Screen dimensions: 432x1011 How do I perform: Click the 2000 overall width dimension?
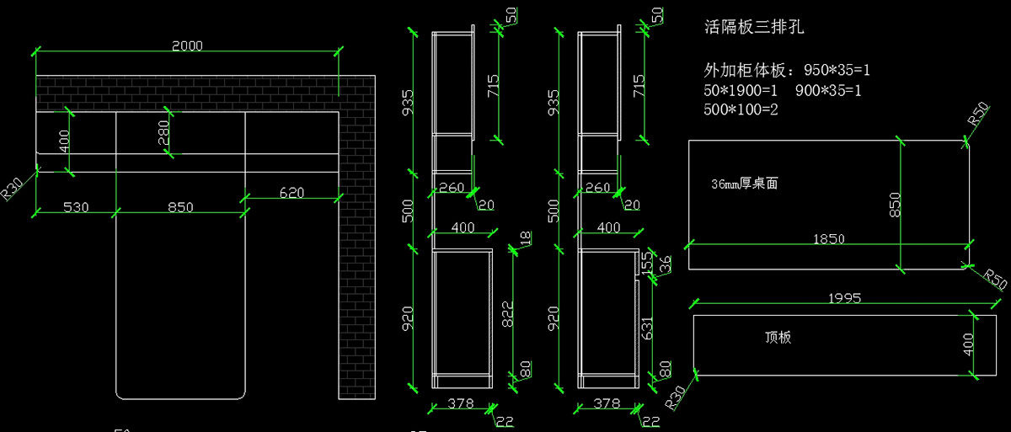tap(187, 46)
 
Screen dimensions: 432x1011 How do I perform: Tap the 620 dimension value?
tap(292, 193)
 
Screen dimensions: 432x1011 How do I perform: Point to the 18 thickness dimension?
tap(527, 238)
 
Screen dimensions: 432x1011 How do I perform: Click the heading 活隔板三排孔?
tap(754, 28)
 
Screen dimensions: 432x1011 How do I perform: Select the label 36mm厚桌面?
tap(744, 184)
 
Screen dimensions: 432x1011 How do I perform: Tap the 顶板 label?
tap(778, 338)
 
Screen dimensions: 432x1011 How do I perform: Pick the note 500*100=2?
tap(741, 109)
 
